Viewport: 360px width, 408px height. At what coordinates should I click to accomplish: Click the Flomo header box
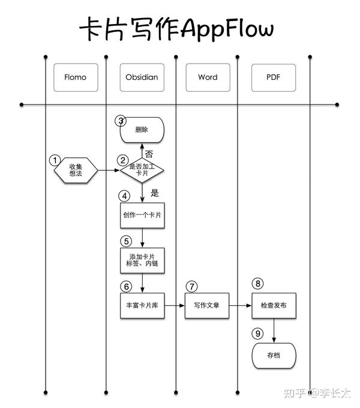pyautogui.click(x=76, y=77)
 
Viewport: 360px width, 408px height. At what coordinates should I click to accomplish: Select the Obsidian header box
pyautogui.click(x=142, y=77)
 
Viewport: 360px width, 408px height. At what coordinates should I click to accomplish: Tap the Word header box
pyautogui.click(x=208, y=77)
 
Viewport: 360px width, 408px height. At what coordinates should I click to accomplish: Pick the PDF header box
pyautogui.click(x=274, y=77)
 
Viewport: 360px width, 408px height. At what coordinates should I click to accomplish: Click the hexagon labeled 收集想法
pyautogui.click(x=76, y=170)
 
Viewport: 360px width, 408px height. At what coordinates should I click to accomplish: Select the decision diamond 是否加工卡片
pyautogui.click(x=142, y=170)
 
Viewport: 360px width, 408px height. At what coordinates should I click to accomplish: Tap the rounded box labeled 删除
pyautogui.click(x=142, y=130)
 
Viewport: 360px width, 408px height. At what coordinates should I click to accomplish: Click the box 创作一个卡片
pyautogui.click(x=142, y=215)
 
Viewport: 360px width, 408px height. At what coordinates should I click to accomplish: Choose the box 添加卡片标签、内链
pyautogui.click(x=142, y=260)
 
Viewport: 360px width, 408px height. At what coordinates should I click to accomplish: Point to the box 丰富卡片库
pyautogui.click(x=142, y=305)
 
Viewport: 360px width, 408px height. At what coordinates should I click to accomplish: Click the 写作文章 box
pyautogui.click(x=207, y=305)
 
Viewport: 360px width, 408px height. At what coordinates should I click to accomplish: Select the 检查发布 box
pyautogui.click(x=274, y=305)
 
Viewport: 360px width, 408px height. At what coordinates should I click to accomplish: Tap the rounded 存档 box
pyautogui.click(x=274, y=355)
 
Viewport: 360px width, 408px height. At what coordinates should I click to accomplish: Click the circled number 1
pyautogui.click(x=55, y=160)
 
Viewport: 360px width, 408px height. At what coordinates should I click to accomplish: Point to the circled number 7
pyautogui.click(x=192, y=286)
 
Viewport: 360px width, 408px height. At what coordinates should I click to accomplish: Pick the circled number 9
pyautogui.click(x=258, y=334)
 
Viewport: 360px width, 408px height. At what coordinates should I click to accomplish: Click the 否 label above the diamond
pyautogui.click(x=149, y=154)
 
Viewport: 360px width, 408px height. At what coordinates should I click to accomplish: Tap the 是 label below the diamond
pyautogui.click(x=155, y=193)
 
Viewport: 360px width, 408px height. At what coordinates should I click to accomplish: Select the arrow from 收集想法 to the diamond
pyautogui.click(x=109, y=170)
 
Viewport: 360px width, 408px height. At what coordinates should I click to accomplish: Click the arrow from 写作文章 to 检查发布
pyautogui.click(x=241, y=305)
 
